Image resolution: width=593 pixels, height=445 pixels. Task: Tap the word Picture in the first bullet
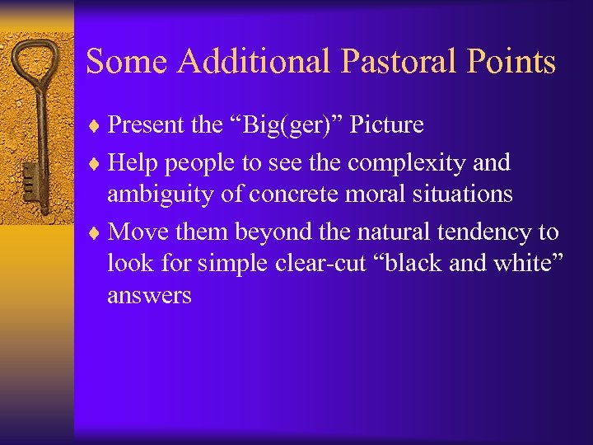tap(387, 125)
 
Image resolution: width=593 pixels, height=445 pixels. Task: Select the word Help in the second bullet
tap(133, 163)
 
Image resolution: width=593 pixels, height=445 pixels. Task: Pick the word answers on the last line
tap(149, 296)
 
